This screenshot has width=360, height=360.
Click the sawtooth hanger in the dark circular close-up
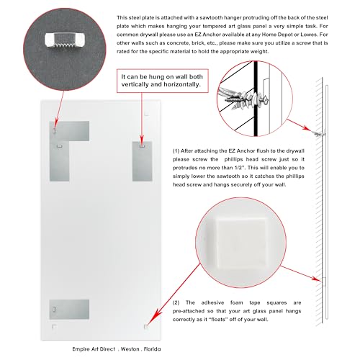click(x=64, y=40)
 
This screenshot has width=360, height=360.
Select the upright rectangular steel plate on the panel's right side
click(x=143, y=161)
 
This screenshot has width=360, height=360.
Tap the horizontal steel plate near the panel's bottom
click(x=69, y=310)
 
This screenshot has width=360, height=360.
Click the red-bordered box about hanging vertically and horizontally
click(x=163, y=81)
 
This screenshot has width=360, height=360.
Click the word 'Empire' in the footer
click(x=81, y=349)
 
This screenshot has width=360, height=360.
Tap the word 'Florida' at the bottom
click(x=152, y=349)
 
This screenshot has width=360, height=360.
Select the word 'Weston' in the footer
click(x=130, y=349)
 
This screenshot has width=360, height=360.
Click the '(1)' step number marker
click(x=176, y=151)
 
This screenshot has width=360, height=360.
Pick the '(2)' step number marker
click(x=176, y=302)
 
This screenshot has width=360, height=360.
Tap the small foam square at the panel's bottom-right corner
click(x=145, y=327)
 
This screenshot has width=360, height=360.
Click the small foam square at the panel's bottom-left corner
click(x=54, y=327)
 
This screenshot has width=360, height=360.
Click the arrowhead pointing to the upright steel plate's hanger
click(x=142, y=140)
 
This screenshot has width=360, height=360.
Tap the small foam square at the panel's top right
click(x=147, y=113)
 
